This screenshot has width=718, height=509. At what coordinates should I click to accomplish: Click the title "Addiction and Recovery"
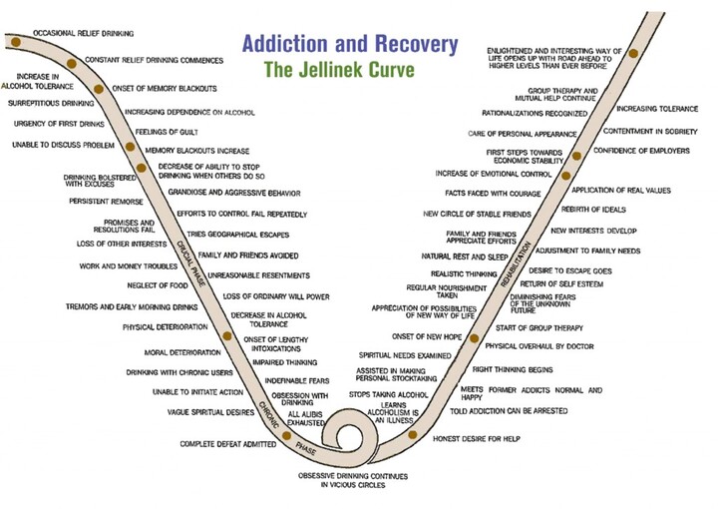(350, 44)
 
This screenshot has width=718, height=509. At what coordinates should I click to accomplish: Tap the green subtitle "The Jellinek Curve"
(339, 70)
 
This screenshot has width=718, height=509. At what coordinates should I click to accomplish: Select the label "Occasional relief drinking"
(84, 34)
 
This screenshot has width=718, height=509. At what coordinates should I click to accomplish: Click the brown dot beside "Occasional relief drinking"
(16, 42)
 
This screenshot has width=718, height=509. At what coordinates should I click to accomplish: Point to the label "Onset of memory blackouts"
(165, 89)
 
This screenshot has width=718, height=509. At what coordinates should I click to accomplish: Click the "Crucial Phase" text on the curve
(190, 262)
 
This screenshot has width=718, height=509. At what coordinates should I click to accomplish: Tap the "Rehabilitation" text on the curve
(516, 264)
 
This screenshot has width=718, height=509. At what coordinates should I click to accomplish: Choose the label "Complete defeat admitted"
(228, 444)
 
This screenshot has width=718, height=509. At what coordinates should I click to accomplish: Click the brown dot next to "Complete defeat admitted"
(286, 436)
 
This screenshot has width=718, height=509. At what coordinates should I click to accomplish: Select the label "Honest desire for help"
(477, 439)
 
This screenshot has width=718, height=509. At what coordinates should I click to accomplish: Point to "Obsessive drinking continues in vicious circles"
(353, 480)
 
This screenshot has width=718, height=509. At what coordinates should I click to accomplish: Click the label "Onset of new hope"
(427, 336)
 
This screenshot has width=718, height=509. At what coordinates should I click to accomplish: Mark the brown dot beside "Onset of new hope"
(475, 338)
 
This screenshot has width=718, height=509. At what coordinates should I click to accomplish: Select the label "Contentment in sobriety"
(650, 132)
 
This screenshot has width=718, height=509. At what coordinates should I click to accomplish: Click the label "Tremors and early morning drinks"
(132, 307)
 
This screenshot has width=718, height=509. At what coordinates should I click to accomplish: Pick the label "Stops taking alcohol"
(388, 394)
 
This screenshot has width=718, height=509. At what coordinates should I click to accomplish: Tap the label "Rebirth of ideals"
(593, 210)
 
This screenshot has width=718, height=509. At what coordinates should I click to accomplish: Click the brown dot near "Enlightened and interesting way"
(633, 53)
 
